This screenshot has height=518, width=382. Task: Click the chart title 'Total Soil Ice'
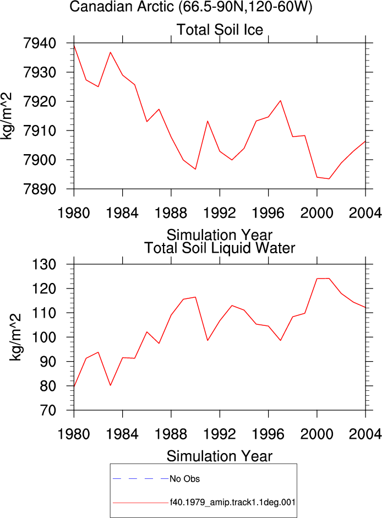[220, 30]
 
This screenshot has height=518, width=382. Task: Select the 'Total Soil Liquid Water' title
[220, 248]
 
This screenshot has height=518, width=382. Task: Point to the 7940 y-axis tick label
[40, 43]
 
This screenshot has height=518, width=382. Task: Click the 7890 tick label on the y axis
[40, 189]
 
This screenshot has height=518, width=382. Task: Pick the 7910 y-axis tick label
[40, 131]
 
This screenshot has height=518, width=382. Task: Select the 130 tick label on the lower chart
[44, 264]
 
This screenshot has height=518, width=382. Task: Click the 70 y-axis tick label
[48, 410]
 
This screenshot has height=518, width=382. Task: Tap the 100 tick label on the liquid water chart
[44, 337]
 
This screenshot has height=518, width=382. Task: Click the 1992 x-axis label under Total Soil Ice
[220, 213]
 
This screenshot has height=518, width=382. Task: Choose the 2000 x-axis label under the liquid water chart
[317, 434]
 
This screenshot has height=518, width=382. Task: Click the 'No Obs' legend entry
[185, 479]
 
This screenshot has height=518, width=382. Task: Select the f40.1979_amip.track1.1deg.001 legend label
[233, 503]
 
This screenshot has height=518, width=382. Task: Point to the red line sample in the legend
[140, 503]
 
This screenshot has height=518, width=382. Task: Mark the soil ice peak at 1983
[111, 52]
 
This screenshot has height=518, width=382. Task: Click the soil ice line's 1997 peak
[281, 100]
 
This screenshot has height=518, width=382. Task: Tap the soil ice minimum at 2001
[329, 179]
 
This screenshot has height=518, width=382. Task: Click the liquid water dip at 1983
[111, 385]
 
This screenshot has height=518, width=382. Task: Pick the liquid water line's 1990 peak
[195, 297]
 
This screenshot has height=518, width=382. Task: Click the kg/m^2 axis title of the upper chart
[6, 116]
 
